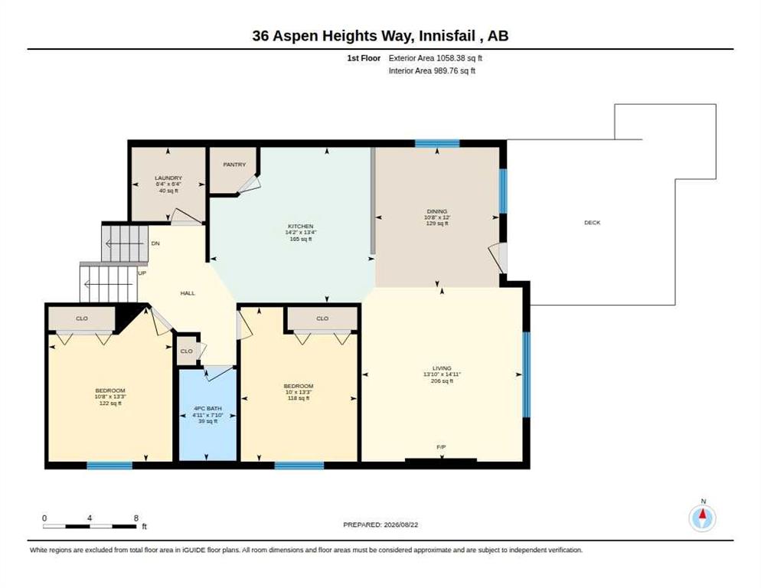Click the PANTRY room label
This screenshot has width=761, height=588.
pyautogui.click(x=234, y=165)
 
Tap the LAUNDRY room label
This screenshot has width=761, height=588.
pyautogui.click(x=168, y=178)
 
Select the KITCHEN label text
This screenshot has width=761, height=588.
pyautogui.click(x=301, y=227)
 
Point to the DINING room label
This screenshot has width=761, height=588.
pyautogui.click(x=437, y=212)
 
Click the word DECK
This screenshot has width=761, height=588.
pyautogui.click(x=592, y=223)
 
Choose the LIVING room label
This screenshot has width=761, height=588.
pyautogui.click(x=442, y=368)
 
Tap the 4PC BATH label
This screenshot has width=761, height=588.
pyautogui.click(x=207, y=409)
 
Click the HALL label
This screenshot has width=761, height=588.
pyautogui.click(x=188, y=293)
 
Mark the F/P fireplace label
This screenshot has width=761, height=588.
pyautogui.click(x=441, y=446)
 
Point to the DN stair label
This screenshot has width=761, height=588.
pyautogui.click(x=155, y=243)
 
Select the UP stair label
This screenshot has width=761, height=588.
pyautogui.click(x=142, y=273)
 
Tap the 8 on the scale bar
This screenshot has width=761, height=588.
pyautogui.click(x=136, y=518)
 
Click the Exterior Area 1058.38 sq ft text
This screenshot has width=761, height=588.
pyautogui.click(x=436, y=58)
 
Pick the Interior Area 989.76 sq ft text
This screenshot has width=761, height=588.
pyautogui.click(x=432, y=71)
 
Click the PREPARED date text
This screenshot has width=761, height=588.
pyautogui.click(x=380, y=525)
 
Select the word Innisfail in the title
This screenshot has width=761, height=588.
pyautogui.click(x=446, y=36)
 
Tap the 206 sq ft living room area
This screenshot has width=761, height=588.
pyautogui.click(x=442, y=381)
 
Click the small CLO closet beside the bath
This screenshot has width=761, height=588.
pyautogui.click(x=186, y=351)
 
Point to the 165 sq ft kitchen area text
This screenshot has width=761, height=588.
pyautogui.click(x=301, y=240)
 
